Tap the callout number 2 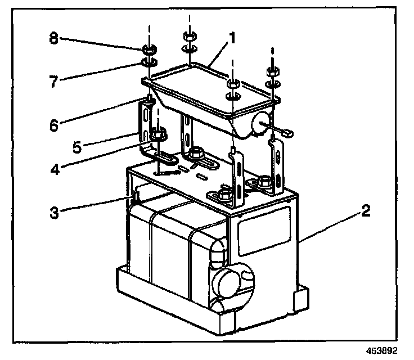[366, 211]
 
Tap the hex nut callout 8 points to [148, 48]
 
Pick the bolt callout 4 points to [159, 135]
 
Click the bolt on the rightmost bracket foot [264, 182]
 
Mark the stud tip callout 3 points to [134, 196]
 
